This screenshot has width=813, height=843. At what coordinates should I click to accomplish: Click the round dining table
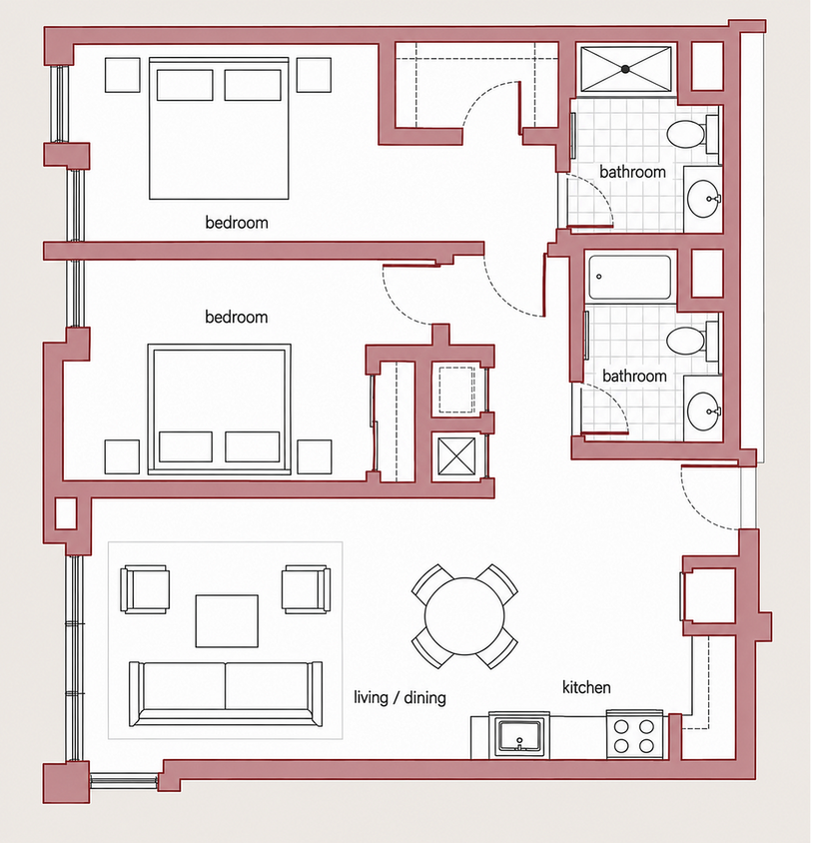click(x=464, y=616)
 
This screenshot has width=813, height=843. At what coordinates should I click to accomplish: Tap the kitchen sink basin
click(x=519, y=736)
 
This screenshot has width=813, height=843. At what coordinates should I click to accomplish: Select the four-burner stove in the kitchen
click(x=634, y=735)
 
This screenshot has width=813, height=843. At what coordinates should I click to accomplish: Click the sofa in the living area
click(x=226, y=694)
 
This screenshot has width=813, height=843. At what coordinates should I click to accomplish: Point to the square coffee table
click(x=227, y=621)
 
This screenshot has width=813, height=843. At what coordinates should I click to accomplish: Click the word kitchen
click(x=586, y=687)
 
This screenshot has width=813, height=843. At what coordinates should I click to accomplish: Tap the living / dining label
click(x=401, y=698)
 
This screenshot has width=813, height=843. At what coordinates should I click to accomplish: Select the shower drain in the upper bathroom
click(x=625, y=69)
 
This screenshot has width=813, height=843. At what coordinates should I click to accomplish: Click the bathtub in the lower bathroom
click(x=629, y=278)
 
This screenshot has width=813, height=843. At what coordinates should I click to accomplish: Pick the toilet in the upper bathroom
click(x=692, y=133)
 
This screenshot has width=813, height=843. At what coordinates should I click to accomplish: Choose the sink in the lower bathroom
click(x=703, y=412)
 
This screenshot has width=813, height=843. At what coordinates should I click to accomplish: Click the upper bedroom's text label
click(x=237, y=223)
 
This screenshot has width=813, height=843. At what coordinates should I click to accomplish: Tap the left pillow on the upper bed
click(x=185, y=85)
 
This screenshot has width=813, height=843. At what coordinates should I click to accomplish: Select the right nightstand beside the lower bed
click(x=315, y=457)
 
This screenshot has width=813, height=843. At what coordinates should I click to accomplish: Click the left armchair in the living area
click(x=145, y=589)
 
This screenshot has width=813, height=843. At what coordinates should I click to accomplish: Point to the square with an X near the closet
click(x=456, y=456)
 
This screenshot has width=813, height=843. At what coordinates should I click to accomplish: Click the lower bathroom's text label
click(x=634, y=376)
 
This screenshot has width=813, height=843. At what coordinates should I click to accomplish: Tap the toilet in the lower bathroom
click(x=692, y=341)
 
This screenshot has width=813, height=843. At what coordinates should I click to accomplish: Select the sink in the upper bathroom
click(x=703, y=199)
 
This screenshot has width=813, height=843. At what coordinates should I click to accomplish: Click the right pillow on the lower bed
click(x=252, y=446)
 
